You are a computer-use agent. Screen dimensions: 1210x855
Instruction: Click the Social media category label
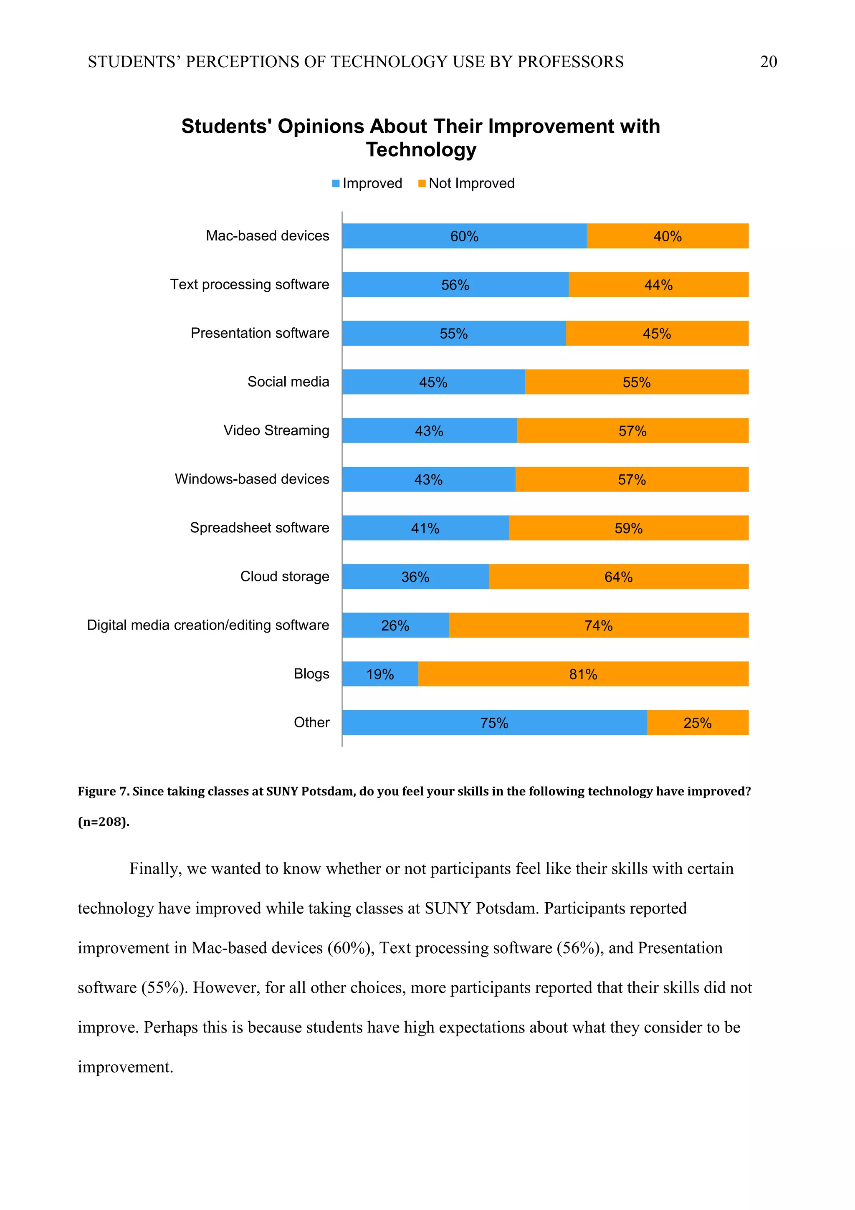(x=288, y=382)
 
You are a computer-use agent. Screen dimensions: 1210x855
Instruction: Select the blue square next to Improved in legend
(x=336, y=183)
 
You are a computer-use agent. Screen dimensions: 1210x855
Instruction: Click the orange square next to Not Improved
(x=421, y=183)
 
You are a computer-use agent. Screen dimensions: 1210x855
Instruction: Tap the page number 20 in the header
(x=768, y=62)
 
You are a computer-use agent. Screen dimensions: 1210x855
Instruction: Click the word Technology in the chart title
(x=421, y=149)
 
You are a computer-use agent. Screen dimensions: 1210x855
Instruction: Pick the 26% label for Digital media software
(x=395, y=625)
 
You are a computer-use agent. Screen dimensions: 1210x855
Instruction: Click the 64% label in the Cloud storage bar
(x=618, y=577)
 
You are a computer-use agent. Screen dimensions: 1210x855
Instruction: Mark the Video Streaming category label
(x=276, y=430)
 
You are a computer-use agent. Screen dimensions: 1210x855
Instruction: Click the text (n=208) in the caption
(x=103, y=822)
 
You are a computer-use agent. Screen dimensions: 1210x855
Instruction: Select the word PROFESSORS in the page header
(x=570, y=62)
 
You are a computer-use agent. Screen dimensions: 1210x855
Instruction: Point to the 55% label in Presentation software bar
(x=453, y=334)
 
